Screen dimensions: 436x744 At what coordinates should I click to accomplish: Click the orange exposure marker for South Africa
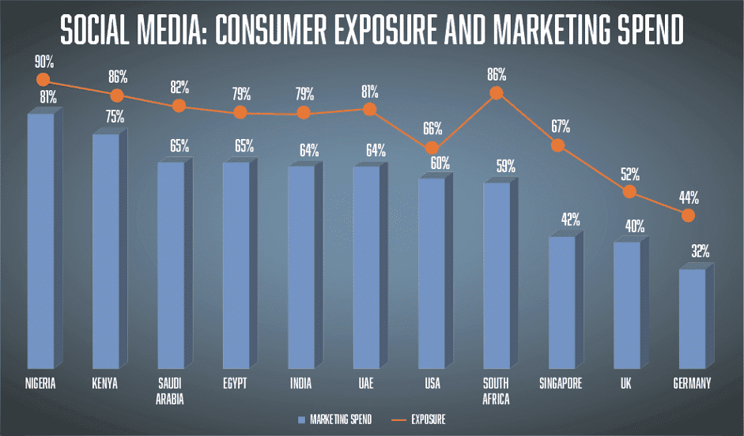tap(497, 93)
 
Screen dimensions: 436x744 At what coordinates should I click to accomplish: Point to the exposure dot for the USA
tap(432, 148)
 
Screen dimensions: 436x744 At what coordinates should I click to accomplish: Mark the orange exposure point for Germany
tap(688, 215)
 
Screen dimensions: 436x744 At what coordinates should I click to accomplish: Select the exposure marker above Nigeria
tap(43, 79)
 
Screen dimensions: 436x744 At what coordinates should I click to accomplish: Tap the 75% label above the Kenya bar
tap(110, 118)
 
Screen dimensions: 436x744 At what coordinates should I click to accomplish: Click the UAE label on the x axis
tap(366, 384)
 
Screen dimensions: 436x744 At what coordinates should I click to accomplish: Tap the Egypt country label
tap(236, 384)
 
